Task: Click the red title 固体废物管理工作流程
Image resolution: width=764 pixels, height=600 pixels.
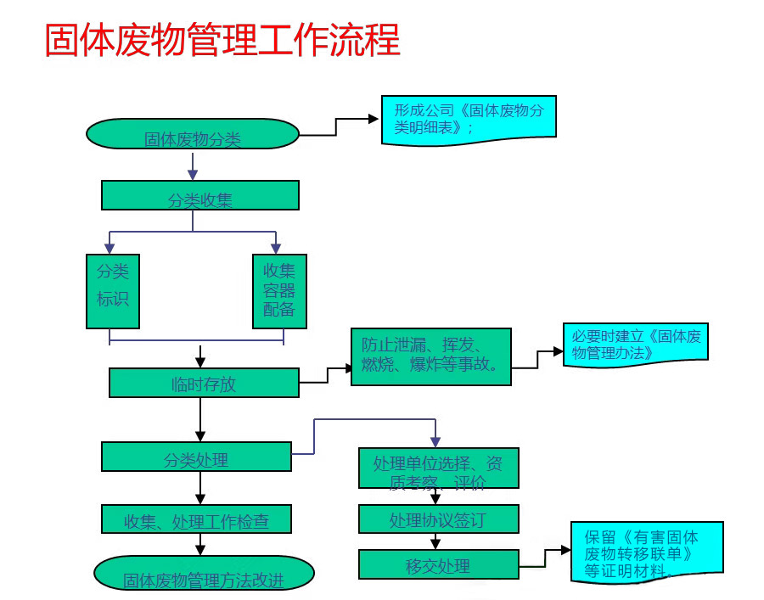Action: tap(222, 40)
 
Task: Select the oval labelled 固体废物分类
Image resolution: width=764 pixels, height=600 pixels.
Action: tap(193, 134)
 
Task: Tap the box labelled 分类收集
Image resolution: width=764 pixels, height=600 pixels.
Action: tap(199, 195)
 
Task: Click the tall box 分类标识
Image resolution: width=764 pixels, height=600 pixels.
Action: tap(113, 291)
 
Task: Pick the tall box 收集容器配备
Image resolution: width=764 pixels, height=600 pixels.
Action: tap(279, 291)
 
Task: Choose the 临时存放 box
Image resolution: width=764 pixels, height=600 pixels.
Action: tap(204, 383)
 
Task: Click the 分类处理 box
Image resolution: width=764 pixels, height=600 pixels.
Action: tap(196, 457)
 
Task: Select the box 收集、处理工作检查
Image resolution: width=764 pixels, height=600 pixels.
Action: tap(196, 519)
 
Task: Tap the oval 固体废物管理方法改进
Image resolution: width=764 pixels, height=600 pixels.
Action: tap(204, 574)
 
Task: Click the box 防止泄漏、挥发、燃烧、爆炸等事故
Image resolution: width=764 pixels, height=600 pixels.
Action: tap(431, 356)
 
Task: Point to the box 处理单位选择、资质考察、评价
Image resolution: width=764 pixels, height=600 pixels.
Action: tap(438, 468)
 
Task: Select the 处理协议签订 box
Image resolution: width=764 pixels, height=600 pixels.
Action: tap(438, 519)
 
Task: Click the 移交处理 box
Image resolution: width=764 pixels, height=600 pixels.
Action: tap(438, 564)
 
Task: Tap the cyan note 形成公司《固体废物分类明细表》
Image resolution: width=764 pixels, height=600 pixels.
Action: tap(469, 117)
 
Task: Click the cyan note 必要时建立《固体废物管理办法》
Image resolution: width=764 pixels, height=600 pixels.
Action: tap(634, 344)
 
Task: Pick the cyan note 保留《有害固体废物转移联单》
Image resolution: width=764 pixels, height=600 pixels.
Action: tap(647, 552)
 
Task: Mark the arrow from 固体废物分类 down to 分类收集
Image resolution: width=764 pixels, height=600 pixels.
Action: tap(193, 166)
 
